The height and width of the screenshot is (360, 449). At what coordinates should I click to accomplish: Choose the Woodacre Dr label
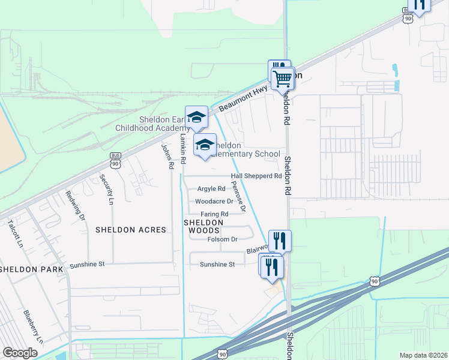pos(214,202)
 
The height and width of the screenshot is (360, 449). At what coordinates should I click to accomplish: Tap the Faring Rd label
pos(214,214)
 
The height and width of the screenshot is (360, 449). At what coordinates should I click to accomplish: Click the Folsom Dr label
pos(223,239)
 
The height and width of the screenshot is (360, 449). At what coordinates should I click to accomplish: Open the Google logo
pos(20,353)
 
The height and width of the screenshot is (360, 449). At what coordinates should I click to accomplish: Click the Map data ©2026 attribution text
pos(423,355)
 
